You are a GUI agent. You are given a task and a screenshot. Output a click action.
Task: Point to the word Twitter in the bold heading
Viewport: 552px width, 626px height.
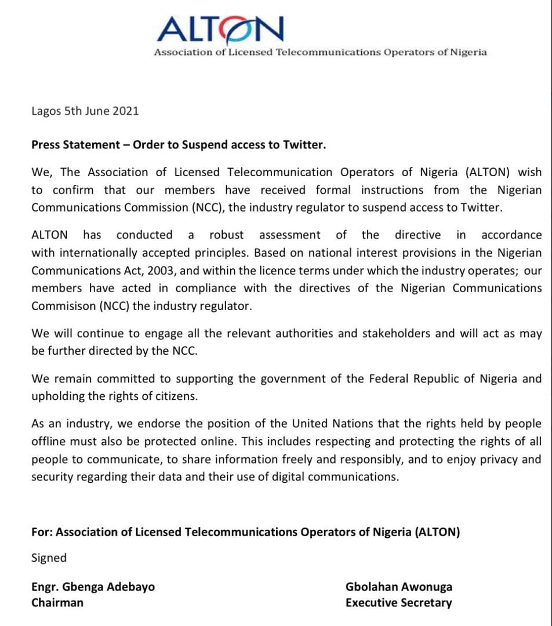(x=304, y=145)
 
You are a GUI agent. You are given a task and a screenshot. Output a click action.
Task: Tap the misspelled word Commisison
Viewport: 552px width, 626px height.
(x=61, y=307)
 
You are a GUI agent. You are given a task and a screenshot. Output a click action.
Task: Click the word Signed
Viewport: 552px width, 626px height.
(x=49, y=558)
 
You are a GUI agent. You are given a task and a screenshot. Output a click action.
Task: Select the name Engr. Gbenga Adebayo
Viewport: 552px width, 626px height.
(x=93, y=587)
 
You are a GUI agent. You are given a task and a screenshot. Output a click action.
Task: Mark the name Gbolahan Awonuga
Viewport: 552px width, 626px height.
(x=399, y=587)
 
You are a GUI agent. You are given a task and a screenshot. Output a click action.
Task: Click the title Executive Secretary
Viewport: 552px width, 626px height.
(x=398, y=603)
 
